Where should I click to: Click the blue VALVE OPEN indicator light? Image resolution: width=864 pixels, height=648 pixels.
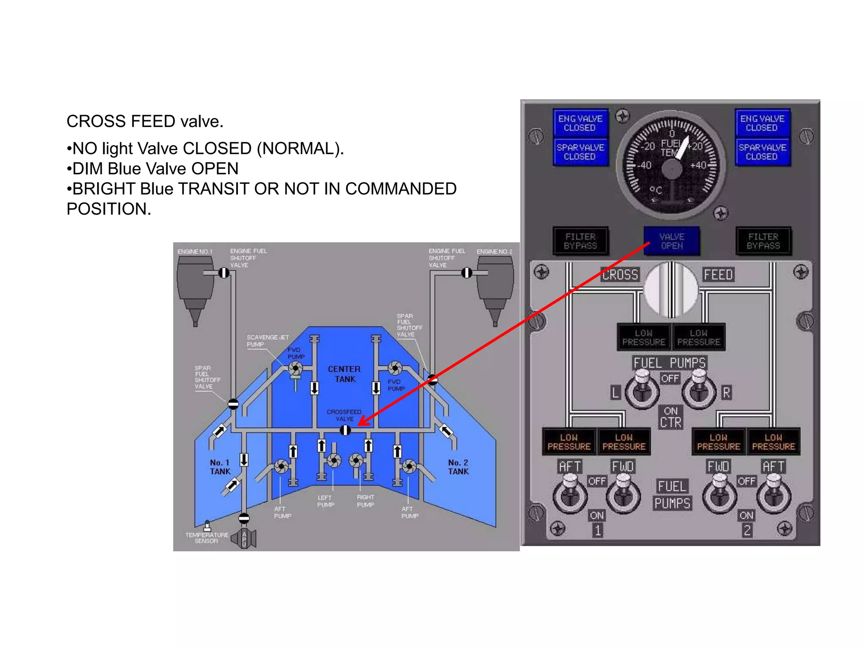pos(672,241)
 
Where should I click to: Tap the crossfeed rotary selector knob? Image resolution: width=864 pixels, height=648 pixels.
pos(671,289)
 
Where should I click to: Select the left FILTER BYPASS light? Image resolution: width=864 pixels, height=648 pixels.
pos(580,241)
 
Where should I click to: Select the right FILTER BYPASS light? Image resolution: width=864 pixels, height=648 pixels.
pos(763,241)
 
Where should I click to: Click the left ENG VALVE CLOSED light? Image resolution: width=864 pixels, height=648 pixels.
pos(580,123)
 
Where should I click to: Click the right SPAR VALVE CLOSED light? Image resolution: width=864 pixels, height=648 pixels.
pos(762,152)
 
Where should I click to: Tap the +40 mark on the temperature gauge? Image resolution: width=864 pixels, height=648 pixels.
pos(698,165)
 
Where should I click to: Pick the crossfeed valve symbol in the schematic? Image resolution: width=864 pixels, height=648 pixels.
pos(345,430)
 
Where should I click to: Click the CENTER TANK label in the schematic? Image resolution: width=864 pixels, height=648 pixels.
pos(345,374)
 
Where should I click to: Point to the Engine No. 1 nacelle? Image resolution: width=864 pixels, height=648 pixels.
pos(195,287)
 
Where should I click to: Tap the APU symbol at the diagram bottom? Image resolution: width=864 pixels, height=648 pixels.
pos(244,539)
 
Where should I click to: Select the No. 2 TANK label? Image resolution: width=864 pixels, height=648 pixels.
pos(458,467)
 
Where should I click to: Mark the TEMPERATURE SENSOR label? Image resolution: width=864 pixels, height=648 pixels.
pos(206,538)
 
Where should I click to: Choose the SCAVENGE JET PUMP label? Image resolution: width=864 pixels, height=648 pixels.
pos(267,340)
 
